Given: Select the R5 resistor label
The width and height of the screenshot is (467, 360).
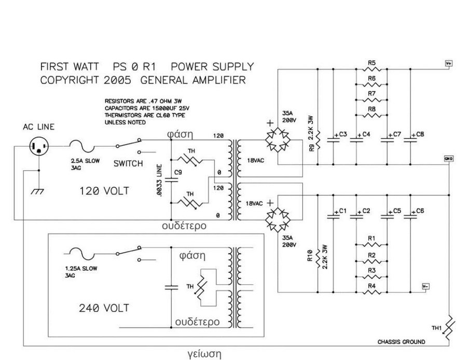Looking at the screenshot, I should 372,63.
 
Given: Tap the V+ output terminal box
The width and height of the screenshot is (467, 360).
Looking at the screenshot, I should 449,63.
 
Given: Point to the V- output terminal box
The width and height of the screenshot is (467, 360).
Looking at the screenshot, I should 426,286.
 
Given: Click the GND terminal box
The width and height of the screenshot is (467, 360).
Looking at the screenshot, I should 448,158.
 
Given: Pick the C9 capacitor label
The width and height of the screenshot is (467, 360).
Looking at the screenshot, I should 178,172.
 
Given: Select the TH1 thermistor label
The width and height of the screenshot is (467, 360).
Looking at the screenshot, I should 437,328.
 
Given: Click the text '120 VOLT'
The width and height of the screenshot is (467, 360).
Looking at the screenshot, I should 104,191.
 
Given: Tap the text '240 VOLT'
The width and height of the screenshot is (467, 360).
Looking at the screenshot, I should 104,308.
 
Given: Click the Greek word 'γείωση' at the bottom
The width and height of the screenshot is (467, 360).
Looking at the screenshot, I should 204,354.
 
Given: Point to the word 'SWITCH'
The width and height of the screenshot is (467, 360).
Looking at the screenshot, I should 128,164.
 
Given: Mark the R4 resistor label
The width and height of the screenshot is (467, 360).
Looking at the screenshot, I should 372,286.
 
